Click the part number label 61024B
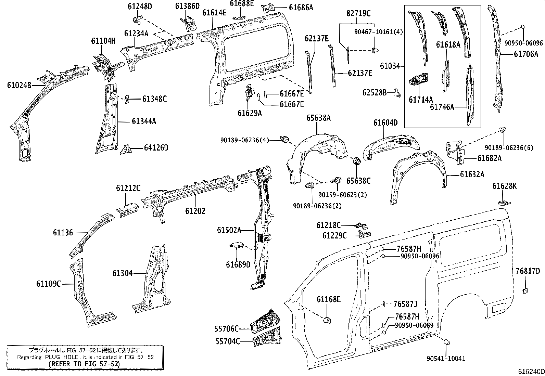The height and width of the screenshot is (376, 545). [x=19, y=85]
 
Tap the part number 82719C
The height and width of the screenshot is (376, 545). [x=358, y=14]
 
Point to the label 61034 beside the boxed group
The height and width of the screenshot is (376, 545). [x=390, y=66]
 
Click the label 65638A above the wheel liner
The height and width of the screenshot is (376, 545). [x=318, y=118]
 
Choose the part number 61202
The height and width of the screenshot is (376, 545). [x=195, y=211]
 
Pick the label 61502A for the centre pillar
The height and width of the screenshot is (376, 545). [x=229, y=230]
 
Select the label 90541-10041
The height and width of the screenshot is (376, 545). [x=446, y=359]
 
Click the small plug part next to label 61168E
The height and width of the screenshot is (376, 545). [x=327, y=320]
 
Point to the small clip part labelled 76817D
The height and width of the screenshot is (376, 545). [x=525, y=291]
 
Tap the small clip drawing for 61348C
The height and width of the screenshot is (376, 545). [x=126, y=99]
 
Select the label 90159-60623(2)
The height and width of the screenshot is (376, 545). [x=342, y=195]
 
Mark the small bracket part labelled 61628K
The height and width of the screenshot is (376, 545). [x=504, y=202]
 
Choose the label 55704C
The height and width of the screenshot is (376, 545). [x=227, y=341]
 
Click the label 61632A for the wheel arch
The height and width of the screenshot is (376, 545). [x=472, y=174]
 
